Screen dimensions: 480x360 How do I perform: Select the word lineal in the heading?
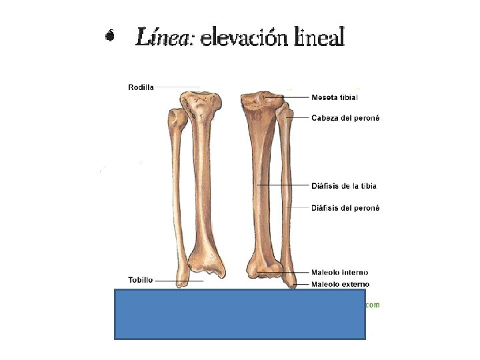(318, 37)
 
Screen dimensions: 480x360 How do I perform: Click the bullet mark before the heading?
(111, 36)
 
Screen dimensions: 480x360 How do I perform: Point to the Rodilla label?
(141, 87)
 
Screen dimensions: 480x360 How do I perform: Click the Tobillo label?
(141, 280)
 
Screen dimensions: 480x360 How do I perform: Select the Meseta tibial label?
(335, 97)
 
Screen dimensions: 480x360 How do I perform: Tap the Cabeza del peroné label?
(345, 118)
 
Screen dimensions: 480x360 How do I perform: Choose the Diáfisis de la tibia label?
(344, 186)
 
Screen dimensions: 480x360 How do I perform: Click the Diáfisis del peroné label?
(345, 208)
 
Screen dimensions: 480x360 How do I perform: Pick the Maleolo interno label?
(340, 273)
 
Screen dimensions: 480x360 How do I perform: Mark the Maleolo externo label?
(340, 285)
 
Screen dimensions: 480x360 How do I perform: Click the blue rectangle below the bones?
(240, 314)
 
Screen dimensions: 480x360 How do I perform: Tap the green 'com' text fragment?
(372, 305)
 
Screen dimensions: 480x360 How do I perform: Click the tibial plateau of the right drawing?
(262, 100)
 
